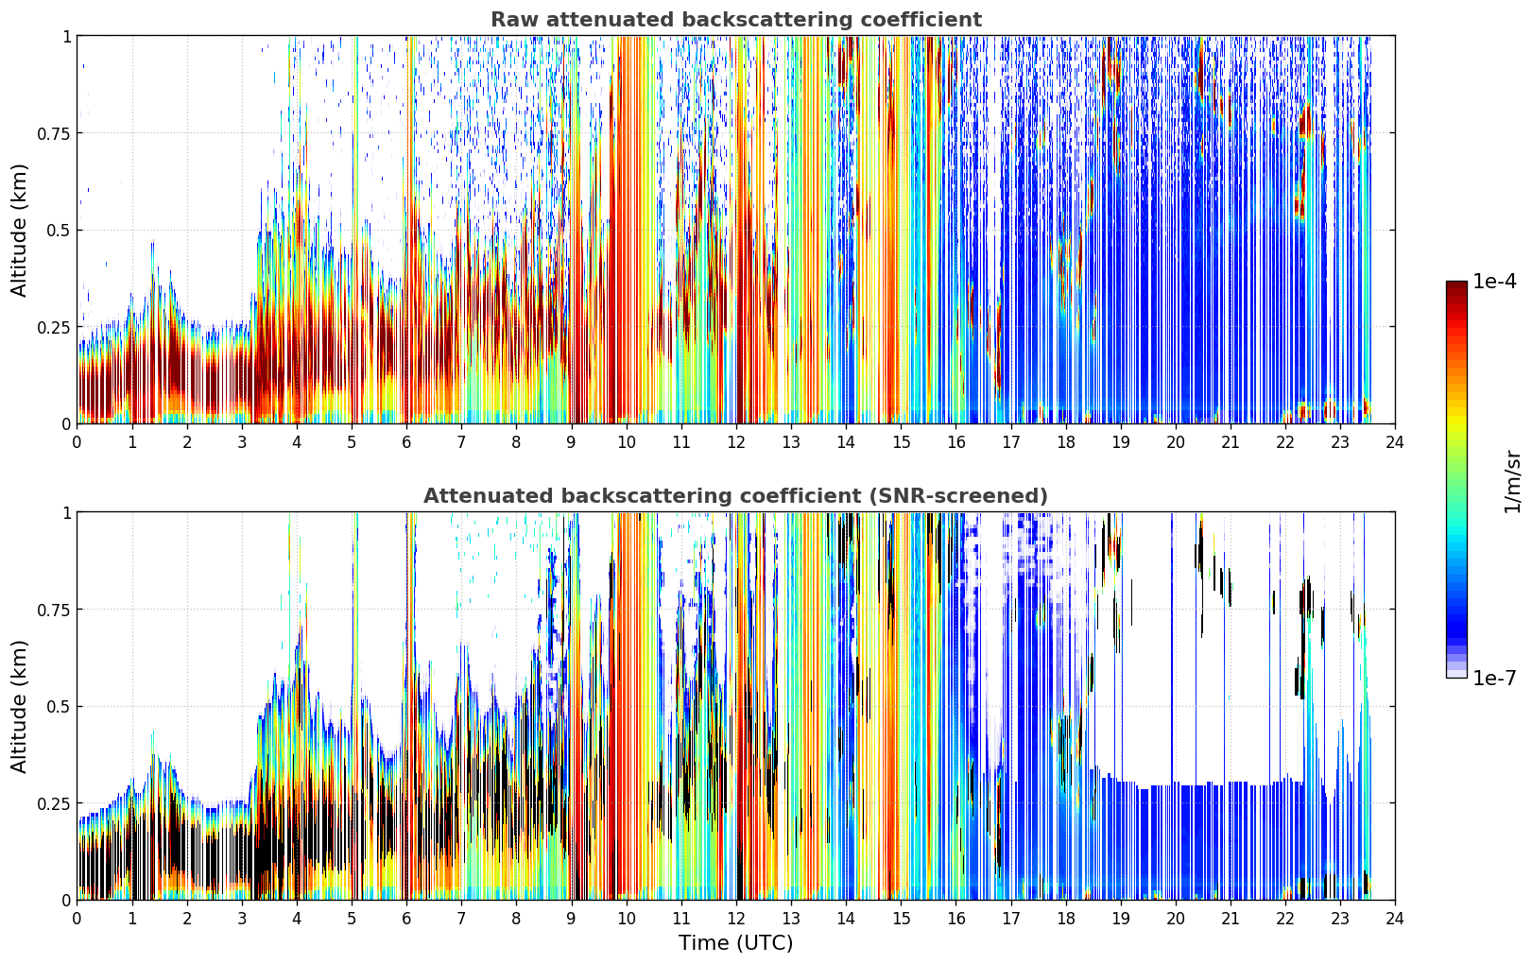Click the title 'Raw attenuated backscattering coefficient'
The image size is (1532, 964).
pyautogui.click(x=736, y=19)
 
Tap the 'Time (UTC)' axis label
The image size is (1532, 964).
pyautogui.click(x=736, y=943)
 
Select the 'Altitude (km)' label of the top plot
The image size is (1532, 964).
pyautogui.click(x=19, y=230)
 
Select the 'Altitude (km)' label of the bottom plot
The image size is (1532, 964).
pyautogui.click(x=19, y=706)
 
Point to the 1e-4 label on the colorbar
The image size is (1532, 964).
pyautogui.click(x=1494, y=281)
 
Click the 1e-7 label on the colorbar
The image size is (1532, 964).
pyautogui.click(x=1494, y=678)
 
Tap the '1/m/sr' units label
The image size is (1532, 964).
pyautogui.click(x=1512, y=482)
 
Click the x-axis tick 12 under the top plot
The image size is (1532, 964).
pyautogui.click(x=736, y=442)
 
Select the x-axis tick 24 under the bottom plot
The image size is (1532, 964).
pyautogui.click(x=1395, y=919)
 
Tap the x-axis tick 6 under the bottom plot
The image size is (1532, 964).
pyautogui.click(x=406, y=919)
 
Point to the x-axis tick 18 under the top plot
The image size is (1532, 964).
pyautogui.click(x=1065, y=442)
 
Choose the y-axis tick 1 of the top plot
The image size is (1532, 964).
pyautogui.click(x=67, y=36)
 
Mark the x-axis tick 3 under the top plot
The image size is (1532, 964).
pyautogui.click(x=241, y=442)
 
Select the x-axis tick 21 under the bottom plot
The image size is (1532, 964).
pyautogui.click(x=1231, y=919)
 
